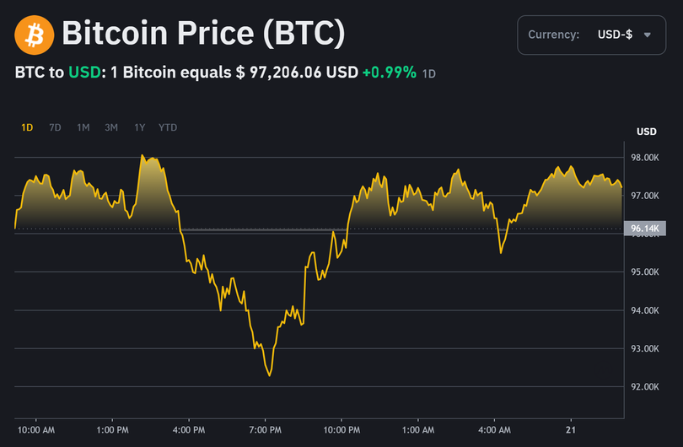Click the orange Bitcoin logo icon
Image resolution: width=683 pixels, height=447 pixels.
tap(35, 35)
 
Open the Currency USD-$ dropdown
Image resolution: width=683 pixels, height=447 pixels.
tap(589, 35)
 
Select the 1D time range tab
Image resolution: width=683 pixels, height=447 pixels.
tap(27, 127)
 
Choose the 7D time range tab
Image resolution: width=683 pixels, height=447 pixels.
tap(55, 127)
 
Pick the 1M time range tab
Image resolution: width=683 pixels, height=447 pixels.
tap(83, 127)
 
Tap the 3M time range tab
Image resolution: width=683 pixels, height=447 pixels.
tap(111, 127)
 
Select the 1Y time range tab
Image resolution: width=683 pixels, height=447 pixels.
tap(139, 127)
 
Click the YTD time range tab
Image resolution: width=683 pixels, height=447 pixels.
tap(168, 127)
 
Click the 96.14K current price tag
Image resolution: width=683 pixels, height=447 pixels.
tap(645, 229)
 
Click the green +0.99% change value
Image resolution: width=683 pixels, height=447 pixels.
tap(389, 73)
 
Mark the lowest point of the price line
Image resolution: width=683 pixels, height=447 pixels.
tap(269, 375)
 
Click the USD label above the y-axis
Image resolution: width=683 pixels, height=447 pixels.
tap(646, 132)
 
